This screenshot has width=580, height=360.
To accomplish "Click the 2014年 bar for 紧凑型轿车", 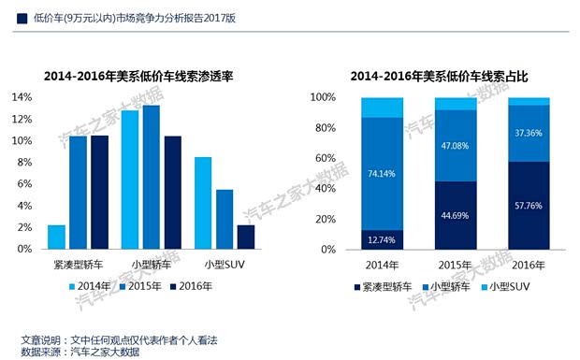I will point(56,238).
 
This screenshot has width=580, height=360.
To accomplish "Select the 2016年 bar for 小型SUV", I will point(245,238).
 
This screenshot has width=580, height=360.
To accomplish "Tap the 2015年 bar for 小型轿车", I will point(151,178).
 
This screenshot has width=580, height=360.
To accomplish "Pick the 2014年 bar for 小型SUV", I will point(202,203).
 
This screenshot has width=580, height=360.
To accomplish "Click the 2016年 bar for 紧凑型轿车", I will point(99,193).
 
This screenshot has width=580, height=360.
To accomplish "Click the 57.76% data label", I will point(529,206).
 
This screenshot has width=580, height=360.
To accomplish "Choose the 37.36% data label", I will point(529,133).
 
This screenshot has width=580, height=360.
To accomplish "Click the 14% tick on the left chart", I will point(21,97).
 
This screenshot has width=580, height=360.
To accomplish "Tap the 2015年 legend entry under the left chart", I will point(145,287).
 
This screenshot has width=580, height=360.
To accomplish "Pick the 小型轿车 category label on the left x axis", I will point(150,266).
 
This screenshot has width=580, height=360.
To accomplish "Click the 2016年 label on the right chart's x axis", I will point(529,266).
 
